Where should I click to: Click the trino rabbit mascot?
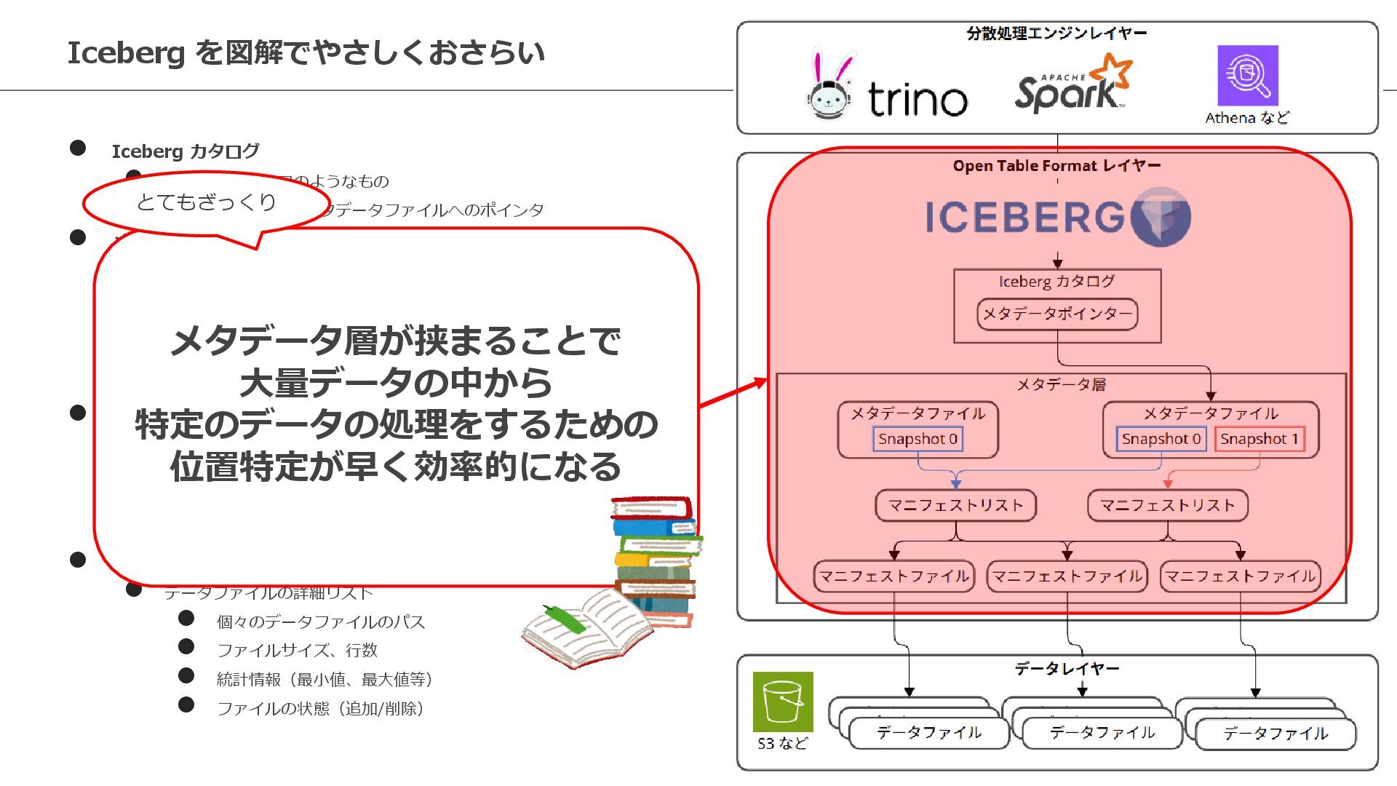[x=830, y=87]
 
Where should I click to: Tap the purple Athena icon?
[x=1247, y=75]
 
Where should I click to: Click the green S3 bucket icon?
[x=782, y=702]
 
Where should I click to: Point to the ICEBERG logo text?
[x=1025, y=217]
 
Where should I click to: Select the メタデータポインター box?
[x=1056, y=314]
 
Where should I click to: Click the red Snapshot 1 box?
[x=1259, y=439]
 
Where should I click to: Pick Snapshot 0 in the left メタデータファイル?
[x=918, y=439]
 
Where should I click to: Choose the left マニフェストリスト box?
[x=955, y=505]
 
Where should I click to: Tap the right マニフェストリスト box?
[x=1167, y=505]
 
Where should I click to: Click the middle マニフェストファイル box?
[x=1067, y=576]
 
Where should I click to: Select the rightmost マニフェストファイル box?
[x=1240, y=576]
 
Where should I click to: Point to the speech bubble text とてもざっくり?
[x=206, y=202]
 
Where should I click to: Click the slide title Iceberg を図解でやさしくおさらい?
[x=306, y=53]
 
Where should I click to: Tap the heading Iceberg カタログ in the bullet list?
[x=185, y=151]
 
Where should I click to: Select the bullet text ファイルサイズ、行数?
[x=297, y=650]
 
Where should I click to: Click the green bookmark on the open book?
[x=565, y=618]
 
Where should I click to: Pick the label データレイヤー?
[x=1067, y=668]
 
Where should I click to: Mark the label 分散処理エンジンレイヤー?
[x=1056, y=33]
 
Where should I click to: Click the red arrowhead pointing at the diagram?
[x=760, y=384]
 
